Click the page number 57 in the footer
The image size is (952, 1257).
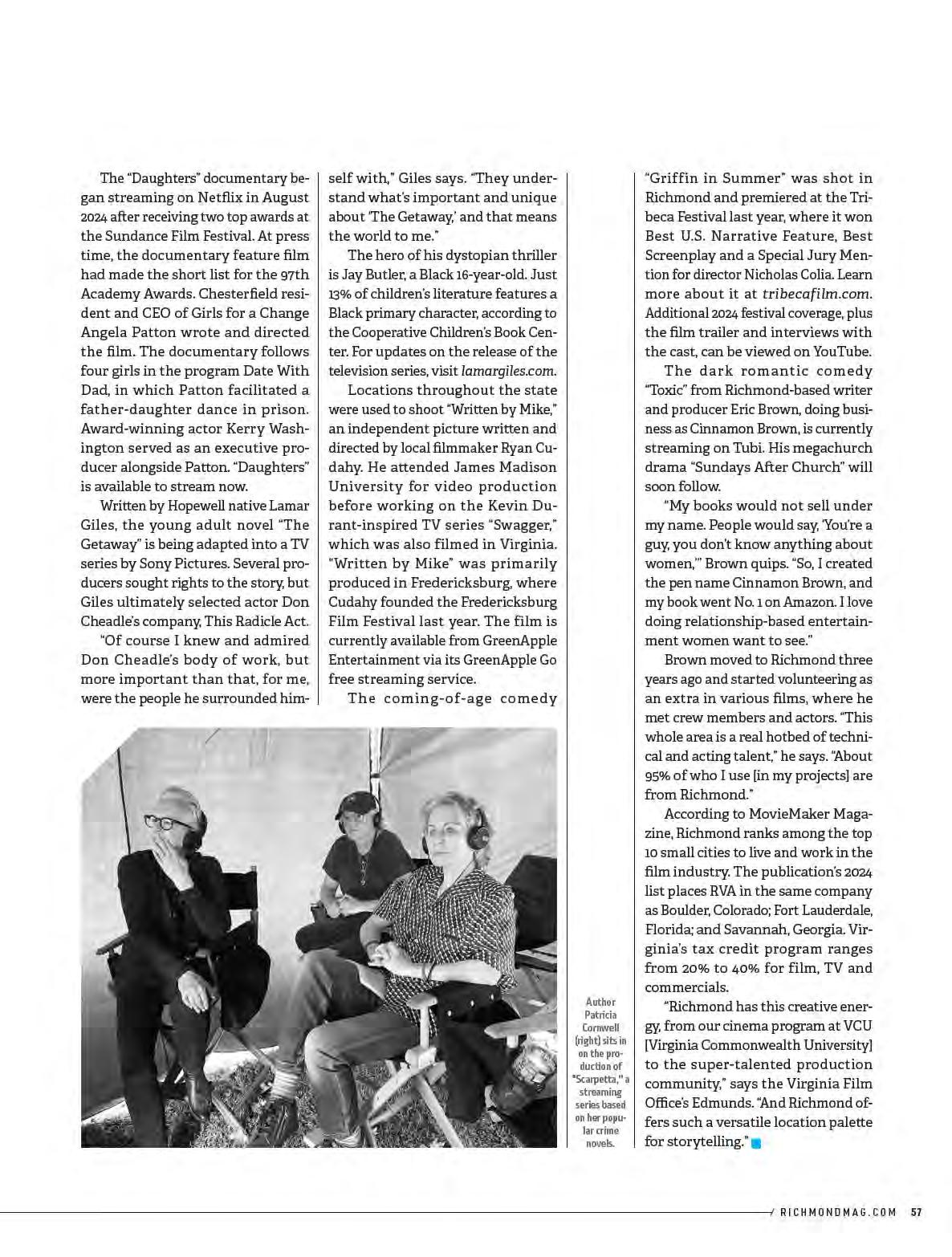[916, 1212]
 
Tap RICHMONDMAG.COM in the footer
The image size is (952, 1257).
[837, 1212]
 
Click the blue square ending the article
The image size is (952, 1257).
[755, 1143]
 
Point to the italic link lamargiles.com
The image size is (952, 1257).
[509, 371]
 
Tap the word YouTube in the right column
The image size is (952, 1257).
[842, 352]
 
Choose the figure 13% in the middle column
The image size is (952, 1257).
[339, 294]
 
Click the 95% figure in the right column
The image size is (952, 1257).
[659, 775]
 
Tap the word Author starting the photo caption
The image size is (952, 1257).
[600, 1002]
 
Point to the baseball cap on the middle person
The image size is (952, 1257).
[357, 803]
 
